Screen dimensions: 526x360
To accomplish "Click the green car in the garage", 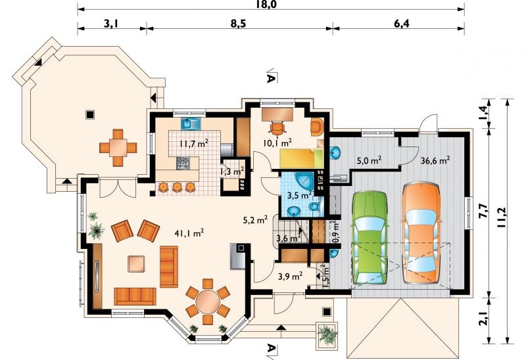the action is [370, 238].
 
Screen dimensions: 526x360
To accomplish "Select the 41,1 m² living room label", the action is [189, 233].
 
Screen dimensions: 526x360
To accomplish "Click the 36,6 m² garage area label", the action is [435, 160].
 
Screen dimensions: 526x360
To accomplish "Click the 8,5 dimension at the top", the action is [238, 24].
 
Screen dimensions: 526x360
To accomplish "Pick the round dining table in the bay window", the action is [208, 302].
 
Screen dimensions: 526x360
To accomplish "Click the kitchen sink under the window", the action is [191, 124].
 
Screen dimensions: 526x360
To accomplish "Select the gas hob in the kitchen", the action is [183, 163].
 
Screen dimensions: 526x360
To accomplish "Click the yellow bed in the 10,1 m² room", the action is [302, 158].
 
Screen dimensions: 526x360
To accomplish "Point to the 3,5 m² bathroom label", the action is [300, 194].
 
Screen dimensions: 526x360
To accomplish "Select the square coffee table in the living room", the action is [136, 264].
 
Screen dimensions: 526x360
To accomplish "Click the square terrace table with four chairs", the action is [118, 148].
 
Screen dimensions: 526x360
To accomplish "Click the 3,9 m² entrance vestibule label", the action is [291, 276].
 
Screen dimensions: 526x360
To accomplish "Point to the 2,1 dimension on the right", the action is [483, 318].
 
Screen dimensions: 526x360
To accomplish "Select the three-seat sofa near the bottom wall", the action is [135, 296].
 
